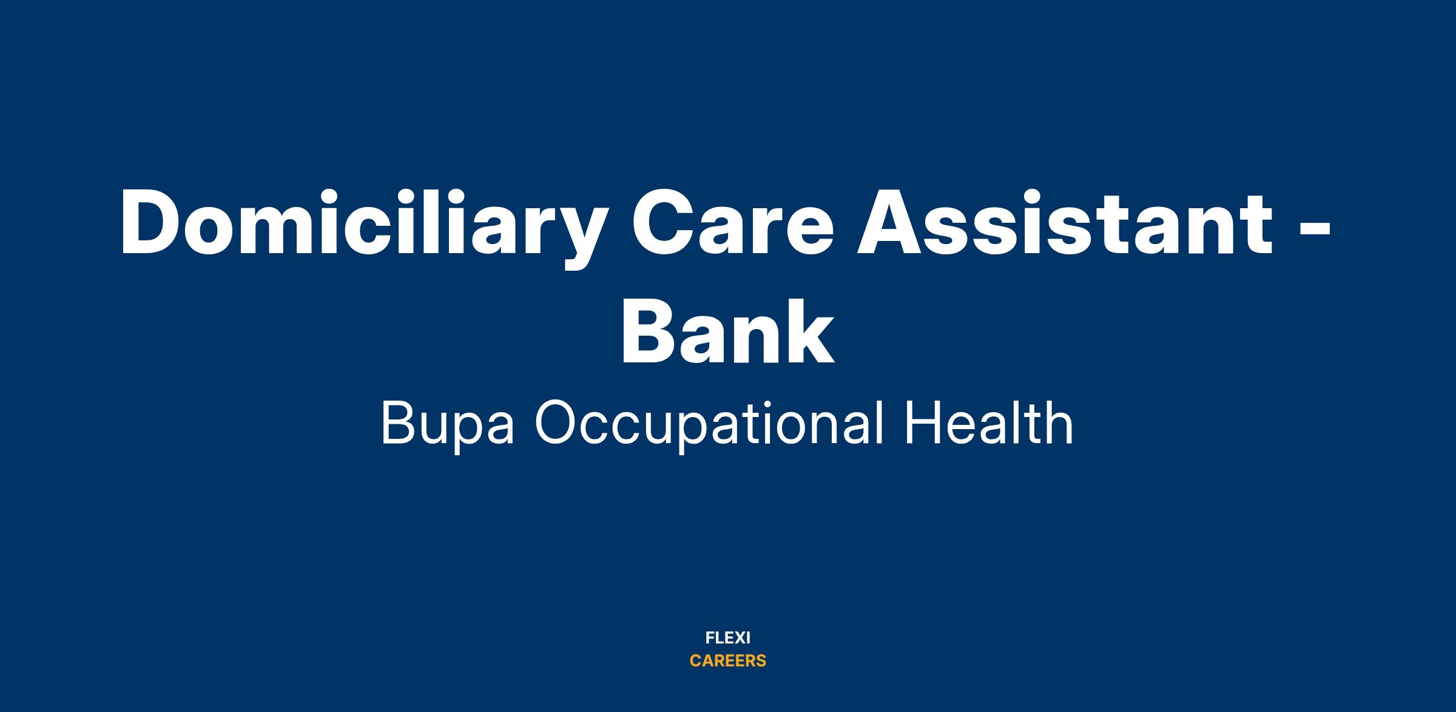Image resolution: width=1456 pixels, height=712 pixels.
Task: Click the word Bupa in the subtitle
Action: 447,425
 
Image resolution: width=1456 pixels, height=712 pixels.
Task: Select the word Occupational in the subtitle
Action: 709,425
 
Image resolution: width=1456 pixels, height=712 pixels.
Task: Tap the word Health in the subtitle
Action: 989,423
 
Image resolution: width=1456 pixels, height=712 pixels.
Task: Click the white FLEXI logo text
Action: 728,638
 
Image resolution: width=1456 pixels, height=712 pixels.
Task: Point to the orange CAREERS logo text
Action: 728,661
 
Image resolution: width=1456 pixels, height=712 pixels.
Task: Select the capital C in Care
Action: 664,222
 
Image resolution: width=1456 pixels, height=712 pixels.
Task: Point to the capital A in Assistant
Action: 892,222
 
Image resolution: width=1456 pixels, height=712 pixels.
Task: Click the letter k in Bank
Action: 807,331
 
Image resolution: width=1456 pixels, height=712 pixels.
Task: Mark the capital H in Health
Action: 922,424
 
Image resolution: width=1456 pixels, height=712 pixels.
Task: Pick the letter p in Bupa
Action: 463,433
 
